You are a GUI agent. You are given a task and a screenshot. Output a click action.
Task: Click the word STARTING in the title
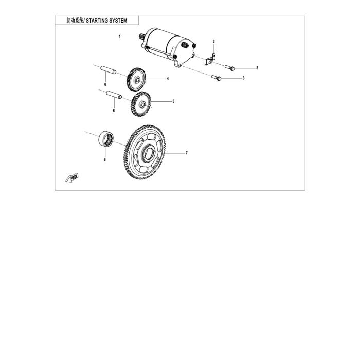click(97, 21)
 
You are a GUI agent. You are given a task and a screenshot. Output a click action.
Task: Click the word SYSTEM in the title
click(118, 21)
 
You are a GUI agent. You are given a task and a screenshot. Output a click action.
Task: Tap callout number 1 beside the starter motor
click(120, 37)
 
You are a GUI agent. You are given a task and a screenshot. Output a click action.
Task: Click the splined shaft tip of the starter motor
click(142, 37)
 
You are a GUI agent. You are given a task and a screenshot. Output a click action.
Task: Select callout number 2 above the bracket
click(214, 42)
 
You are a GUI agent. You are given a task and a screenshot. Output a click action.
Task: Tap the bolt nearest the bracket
click(230, 68)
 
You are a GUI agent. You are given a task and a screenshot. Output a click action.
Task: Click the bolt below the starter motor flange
click(217, 78)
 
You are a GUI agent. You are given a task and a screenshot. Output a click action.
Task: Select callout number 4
click(168, 79)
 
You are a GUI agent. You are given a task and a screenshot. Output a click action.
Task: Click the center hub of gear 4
click(137, 80)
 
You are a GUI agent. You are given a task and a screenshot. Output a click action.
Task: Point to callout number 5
click(173, 101)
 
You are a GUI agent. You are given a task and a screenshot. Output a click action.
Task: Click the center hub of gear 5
click(142, 105)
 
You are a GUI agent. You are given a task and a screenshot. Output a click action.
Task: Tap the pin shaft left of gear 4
click(109, 70)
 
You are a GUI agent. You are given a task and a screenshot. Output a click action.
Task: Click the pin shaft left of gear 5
click(114, 95)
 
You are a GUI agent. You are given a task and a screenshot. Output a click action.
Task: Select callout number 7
click(187, 153)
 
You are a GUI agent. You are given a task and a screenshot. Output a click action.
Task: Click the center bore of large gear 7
click(149, 153)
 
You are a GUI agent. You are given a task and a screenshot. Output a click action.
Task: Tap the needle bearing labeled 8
click(106, 139)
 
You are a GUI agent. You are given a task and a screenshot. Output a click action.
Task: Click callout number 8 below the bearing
click(105, 159)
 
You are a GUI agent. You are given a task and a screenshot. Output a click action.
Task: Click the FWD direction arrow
click(72, 178)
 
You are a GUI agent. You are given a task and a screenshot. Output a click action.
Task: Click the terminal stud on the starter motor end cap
click(184, 45)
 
